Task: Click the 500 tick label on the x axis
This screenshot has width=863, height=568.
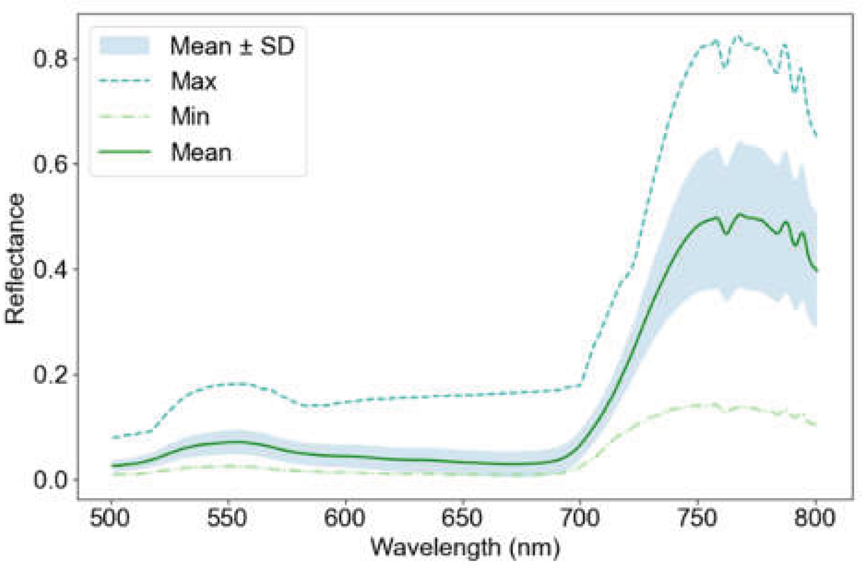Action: pos(109,518)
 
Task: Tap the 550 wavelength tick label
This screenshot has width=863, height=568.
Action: pos(227,518)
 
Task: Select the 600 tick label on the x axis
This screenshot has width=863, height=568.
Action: pos(344,518)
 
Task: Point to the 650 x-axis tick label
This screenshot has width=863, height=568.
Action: pos(462,518)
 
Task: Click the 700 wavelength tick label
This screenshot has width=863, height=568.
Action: pos(579,518)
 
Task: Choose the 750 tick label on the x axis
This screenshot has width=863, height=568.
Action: pos(697,518)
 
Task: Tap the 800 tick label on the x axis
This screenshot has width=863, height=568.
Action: pos(815,518)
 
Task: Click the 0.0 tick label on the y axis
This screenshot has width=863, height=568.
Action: pos(50,479)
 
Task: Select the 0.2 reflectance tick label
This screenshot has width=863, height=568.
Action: pos(50,374)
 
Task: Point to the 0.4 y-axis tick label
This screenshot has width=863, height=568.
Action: pos(50,269)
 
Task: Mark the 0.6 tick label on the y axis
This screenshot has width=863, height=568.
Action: pos(50,164)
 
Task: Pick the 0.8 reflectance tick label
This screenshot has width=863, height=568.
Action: pos(50,59)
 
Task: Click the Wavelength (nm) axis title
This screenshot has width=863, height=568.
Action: pos(465,548)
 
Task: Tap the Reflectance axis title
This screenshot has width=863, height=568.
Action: pos(15,259)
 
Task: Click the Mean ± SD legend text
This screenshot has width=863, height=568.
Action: pos(232,46)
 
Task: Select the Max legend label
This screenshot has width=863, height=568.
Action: pos(194,81)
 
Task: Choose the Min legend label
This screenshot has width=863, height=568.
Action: pos(190,116)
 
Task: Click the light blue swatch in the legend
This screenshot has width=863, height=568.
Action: pos(124,46)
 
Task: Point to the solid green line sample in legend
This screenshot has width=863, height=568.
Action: pos(124,152)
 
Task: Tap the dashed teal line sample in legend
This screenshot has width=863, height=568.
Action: pos(124,81)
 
